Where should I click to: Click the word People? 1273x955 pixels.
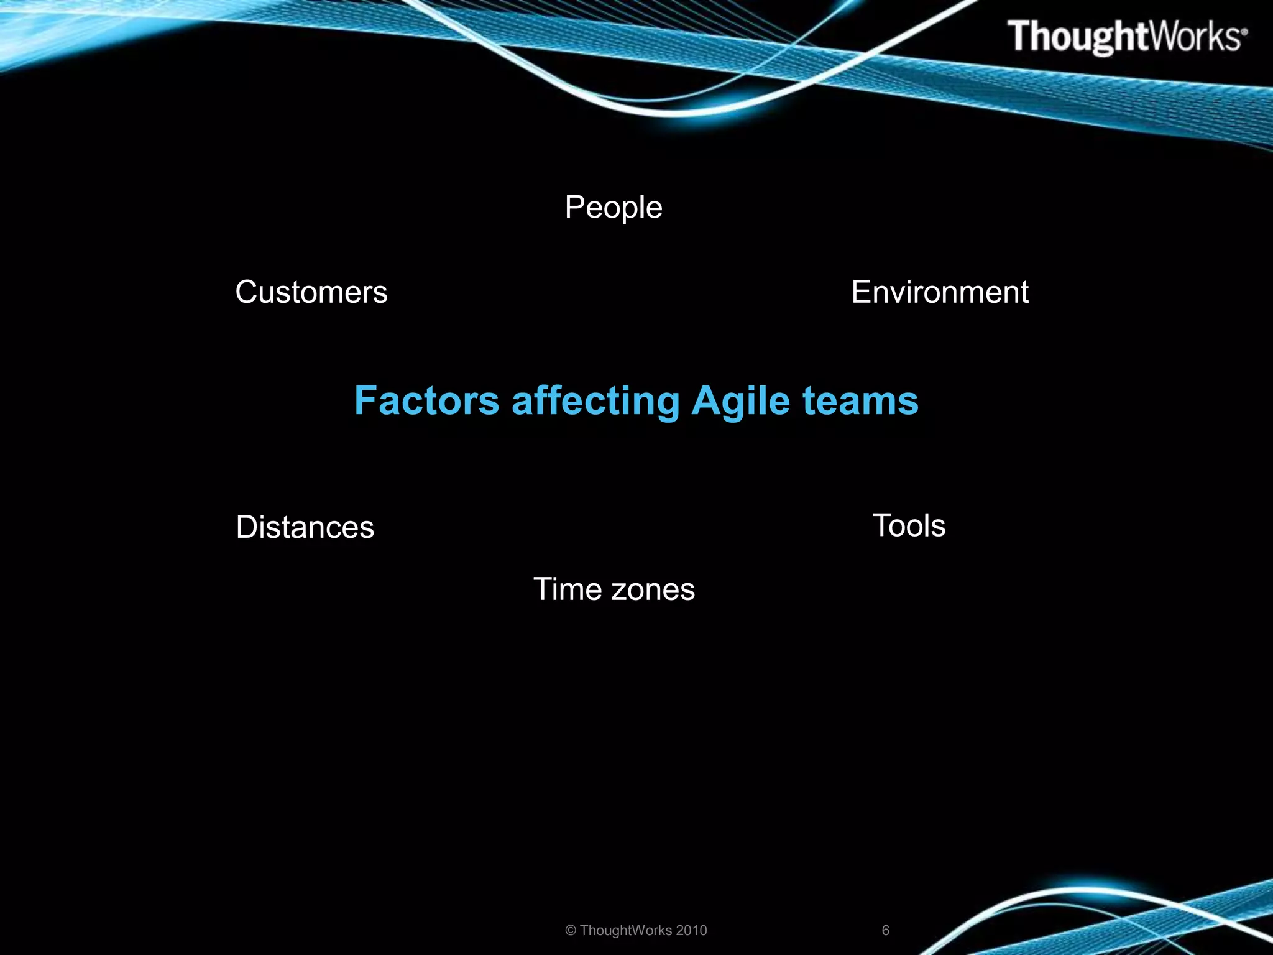614,208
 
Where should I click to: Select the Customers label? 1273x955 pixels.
311,292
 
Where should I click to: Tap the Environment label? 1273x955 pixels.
940,292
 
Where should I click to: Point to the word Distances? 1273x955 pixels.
305,527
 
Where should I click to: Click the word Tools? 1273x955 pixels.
909,526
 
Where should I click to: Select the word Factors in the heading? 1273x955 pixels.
426,400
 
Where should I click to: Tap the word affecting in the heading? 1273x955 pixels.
595,400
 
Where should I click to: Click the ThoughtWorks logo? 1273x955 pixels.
1125,37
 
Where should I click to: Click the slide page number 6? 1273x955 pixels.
886,930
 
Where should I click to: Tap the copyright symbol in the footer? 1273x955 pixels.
571,931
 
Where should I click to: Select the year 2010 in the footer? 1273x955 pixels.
691,930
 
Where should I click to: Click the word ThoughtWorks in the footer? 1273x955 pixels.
626,930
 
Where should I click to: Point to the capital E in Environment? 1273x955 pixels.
862,292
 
